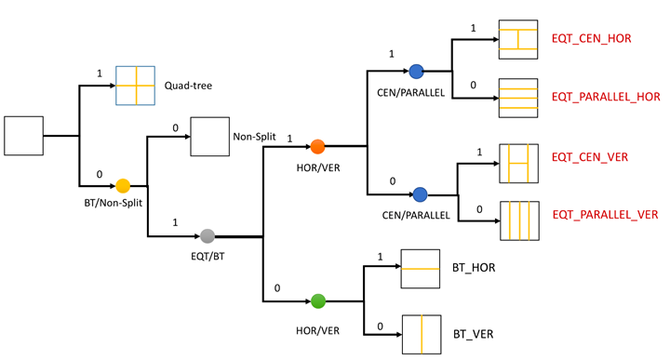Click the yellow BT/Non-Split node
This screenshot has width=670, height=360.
pos(123,185)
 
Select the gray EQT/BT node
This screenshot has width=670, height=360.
pos(208,236)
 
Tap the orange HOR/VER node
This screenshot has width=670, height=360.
pos(317,146)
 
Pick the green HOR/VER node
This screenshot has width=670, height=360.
pos(318,300)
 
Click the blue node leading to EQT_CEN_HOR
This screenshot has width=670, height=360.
pos(416,72)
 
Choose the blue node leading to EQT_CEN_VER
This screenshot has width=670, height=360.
pos(420,194)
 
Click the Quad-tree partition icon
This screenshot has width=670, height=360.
pos(135,86)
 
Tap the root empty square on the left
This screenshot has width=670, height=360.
pos(24,136)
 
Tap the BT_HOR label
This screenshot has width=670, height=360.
pos(474,268)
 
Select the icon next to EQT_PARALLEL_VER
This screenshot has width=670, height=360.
pos(519,221)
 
